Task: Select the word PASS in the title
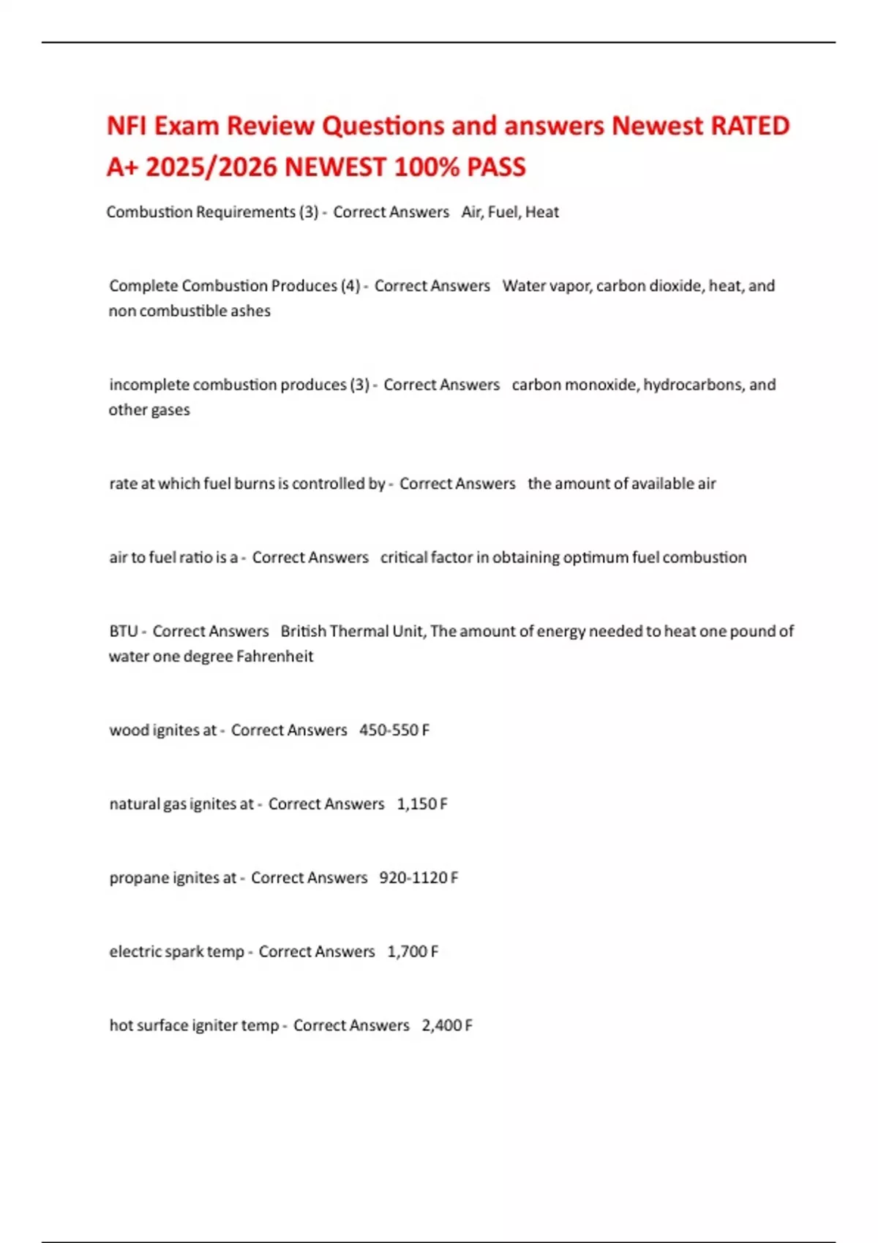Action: (x=495, y=167)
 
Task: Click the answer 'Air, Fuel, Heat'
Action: (x=510, y=212)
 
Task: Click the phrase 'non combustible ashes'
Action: (x=190, y=311)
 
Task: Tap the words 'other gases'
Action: (x=149, y=409)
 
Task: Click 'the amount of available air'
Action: (x=621, y=483)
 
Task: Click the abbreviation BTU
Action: (x=123, y=631)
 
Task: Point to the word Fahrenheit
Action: (x=274, y=656)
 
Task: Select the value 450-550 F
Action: (x=394, y=730)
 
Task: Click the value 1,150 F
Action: (x=421, y=804)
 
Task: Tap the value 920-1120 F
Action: (x=419, y=877)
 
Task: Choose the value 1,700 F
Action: (x=413, y=951)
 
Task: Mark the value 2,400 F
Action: (x=447, y=1025)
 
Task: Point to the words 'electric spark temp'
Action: (x=176, y=951)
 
